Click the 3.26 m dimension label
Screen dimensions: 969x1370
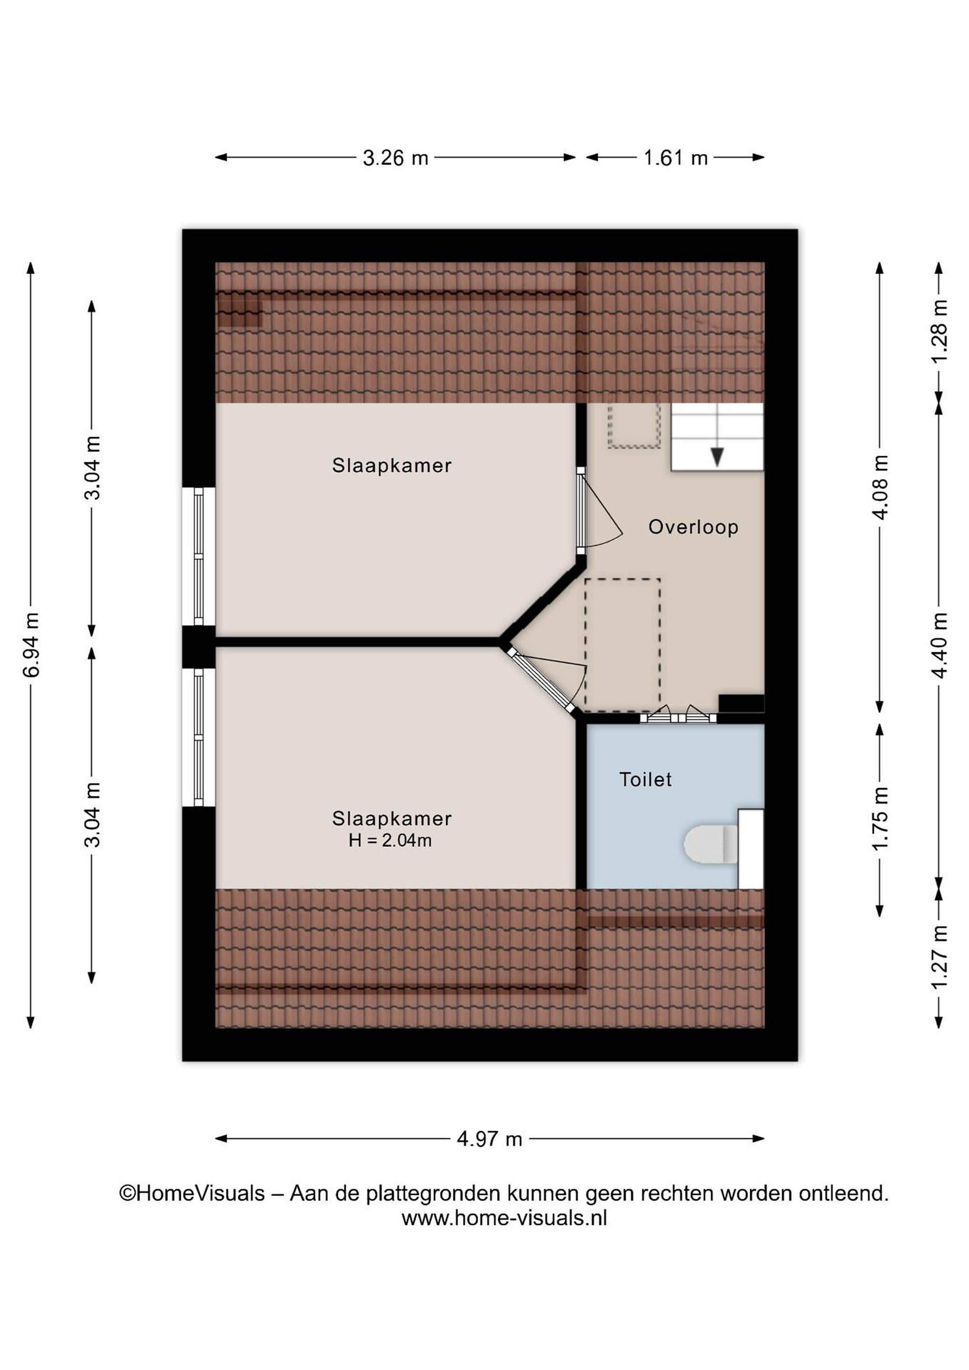pyautogui.click(x=396, y=158)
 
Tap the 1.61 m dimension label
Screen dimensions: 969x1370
pyautogui.click(x=675, y=158)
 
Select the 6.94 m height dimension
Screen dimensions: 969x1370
pyautogui.click(x=31, y=645)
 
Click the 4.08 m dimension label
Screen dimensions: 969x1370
pyautogui.click(x=880, y=487)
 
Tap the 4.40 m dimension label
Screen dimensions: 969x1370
pyautogui.click(x=939, y=645)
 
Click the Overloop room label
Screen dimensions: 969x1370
pyautogui.click(x=694, y=528)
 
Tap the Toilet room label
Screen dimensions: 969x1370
pyautogui.click(x=646, y=780)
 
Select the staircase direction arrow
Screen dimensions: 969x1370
pyautogui.click(x=717, y=457)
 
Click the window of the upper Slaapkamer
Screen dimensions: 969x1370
pyautogui.click(x=199, y=556)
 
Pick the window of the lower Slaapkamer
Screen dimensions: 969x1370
pyautogui.click(x=199, y=737)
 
